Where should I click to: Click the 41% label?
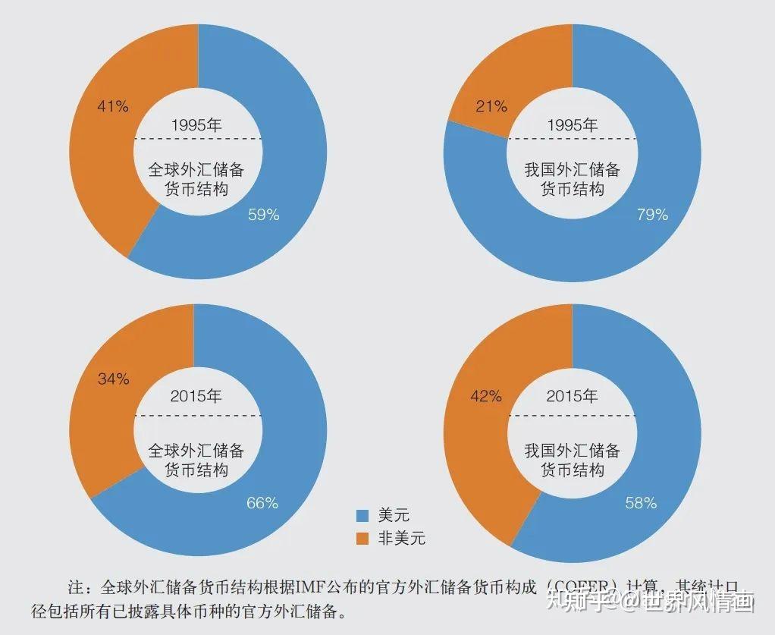click(112, 107)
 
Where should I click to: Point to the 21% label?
click(491, 107)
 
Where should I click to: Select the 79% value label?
click(652, 215)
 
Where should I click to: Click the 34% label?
click(113, 379)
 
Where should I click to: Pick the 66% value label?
click(262, 503)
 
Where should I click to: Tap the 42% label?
click(486, 395)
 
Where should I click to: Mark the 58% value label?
click(641, 503)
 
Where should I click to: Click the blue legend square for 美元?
click(362, 516)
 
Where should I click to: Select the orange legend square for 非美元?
click(362, 539)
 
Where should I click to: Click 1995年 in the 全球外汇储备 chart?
click(196, 125)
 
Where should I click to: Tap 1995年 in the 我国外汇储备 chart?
click(573, 125)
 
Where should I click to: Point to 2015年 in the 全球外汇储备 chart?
click(196, 396)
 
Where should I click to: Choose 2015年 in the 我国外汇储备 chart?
click(573, 396)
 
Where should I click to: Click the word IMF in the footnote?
click(312, 587)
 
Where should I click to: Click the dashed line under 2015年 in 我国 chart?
click(573, 416)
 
